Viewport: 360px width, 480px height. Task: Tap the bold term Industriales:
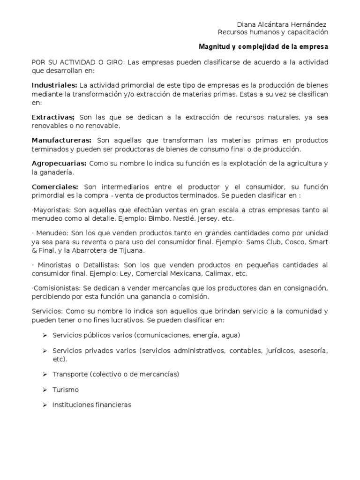(54, 85)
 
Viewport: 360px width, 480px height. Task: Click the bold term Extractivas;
(53, 117)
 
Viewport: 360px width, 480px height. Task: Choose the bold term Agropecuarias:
(59, 163)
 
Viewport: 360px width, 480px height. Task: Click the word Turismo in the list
(66, 390)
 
